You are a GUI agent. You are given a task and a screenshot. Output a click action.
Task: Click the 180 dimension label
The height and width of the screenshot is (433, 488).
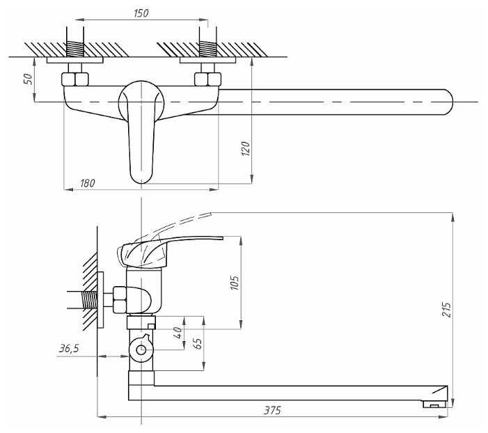pyautogui.click(x=88, y=182)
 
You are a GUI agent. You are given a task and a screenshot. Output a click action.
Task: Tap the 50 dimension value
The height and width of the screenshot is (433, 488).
pyautogui.click(x=28, y=79)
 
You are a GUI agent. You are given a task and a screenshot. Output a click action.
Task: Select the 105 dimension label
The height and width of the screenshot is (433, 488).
pyautogui.click(x=235, y=283)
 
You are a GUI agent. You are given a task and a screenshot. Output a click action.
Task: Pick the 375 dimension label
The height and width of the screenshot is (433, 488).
pyautogui.click(x=273, y=411)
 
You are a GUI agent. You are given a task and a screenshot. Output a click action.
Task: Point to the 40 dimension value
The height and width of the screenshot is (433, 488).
pyautogui.click(x=178, y=333)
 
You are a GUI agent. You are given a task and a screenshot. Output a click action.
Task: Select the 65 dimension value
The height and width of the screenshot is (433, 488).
pyautogui.click(x=197, y=343)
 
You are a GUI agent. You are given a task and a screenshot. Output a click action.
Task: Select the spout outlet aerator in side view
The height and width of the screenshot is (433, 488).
pyautogui.click(x=434, y=403)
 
